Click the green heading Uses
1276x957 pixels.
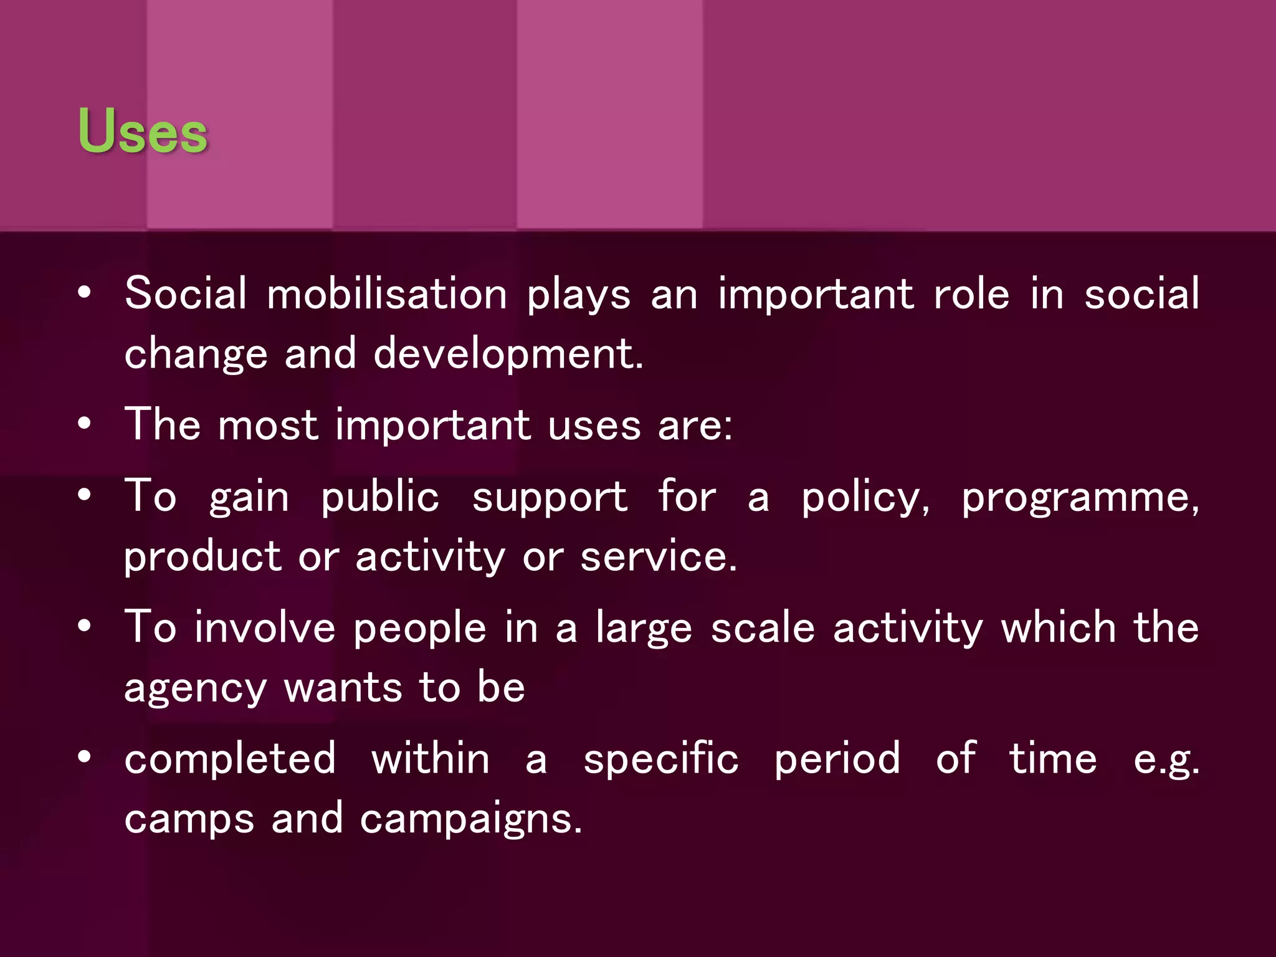point(143,130)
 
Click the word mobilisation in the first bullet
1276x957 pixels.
point(387,293)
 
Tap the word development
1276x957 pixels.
point(508,353)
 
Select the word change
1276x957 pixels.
point(196,353)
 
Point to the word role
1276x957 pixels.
point(971,293)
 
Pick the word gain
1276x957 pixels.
point(249,497)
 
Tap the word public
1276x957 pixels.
point(380,497)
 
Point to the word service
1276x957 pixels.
point(658,556)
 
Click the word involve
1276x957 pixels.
point(265,627)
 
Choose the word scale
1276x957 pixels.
point(763,627)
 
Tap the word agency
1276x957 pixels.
point(195,688)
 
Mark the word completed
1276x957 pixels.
point(231,759)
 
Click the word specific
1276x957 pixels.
point(660,759)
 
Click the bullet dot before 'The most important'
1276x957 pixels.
point(85,425)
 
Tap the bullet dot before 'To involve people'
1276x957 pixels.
point(85,626)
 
